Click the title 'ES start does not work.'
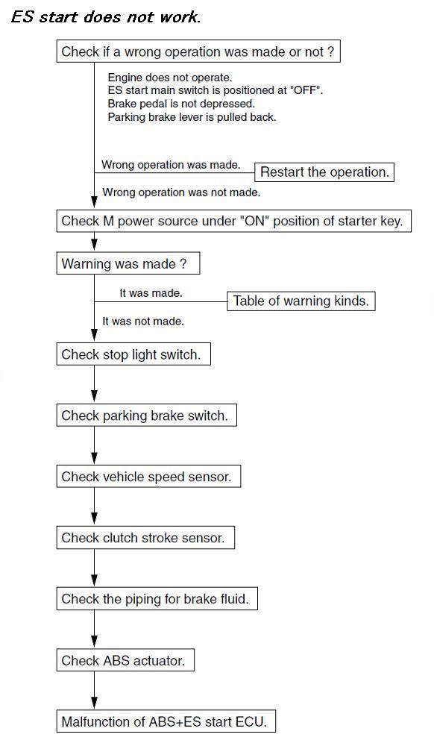tap(106, 17)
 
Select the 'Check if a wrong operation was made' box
tap(198, 51)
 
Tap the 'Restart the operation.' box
tap(324, 172)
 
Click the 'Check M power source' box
tap(234, 222)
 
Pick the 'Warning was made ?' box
tap(128, 263)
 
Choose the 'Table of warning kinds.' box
tap(301, 301)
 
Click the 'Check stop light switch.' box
tap(133, 354)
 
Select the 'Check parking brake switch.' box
tap(146, 416)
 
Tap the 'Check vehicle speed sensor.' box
tap(148, 477)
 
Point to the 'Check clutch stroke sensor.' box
tap(145, 538)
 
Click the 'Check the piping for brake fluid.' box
tap(157, 598)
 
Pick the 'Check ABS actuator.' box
tap(125, 660)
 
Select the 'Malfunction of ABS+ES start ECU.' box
tap(166, 721)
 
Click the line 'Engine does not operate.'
tap(170, 78)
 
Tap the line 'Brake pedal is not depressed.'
tap(181, 103)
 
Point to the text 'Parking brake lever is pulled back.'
tap(192, 116)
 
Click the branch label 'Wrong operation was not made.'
tap(181, 192)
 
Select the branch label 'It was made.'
tap(151, 293)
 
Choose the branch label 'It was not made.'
tap(143, 321)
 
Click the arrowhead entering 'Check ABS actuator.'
tap(94, 643)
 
